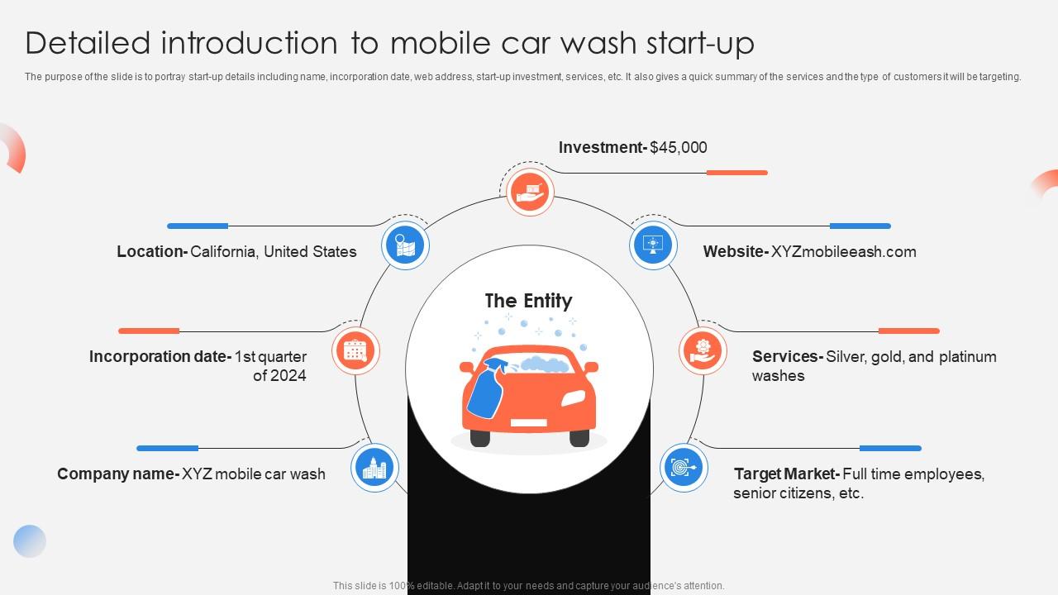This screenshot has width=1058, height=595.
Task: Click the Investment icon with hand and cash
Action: (529, 192)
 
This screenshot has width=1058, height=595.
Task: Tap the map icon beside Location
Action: (405, 245)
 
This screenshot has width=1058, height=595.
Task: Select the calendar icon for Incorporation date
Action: (355, 350)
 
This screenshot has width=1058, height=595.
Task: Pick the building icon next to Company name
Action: (374, 468)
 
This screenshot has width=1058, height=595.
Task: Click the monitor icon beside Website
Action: (653, 245)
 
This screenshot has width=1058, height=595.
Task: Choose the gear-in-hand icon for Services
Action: (703, 350)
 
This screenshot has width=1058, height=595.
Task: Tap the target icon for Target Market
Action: (684, 468)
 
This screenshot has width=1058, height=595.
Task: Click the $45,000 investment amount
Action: (679, 148)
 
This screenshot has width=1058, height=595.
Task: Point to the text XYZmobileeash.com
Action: (843, 252)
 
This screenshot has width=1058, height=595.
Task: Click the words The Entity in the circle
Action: (528, 301)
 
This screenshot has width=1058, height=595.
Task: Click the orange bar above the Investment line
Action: (736, 173)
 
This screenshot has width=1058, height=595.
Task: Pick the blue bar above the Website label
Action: (860, 226)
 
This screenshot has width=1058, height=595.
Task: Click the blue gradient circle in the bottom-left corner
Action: (30, 541)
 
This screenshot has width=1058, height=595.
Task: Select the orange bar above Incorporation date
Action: (149, 331)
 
